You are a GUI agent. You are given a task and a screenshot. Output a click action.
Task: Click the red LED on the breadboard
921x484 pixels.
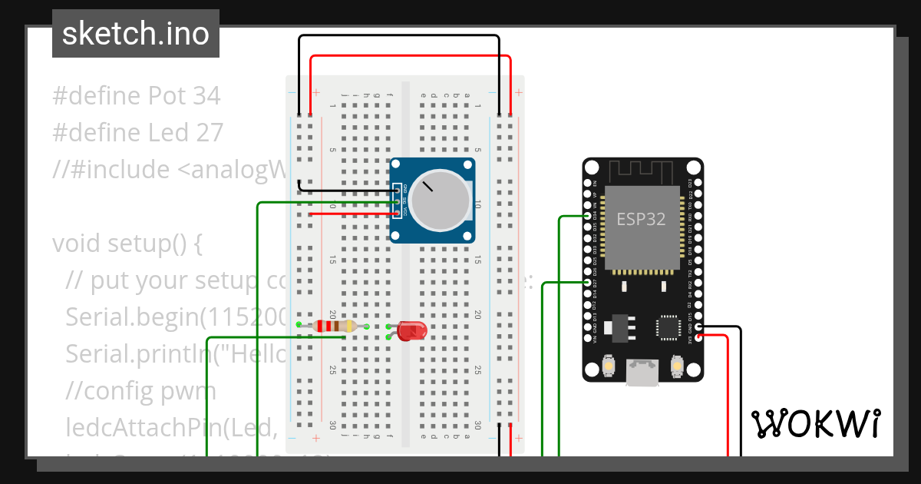412,331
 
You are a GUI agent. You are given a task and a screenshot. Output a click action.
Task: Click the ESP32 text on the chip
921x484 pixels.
641,219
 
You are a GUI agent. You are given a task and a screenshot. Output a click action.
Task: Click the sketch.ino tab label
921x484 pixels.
136,34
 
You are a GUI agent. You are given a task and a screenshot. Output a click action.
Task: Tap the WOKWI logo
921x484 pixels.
815,423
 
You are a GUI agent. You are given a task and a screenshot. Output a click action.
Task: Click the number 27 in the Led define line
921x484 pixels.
206,133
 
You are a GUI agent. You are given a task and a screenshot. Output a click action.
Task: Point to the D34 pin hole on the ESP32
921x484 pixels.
589,217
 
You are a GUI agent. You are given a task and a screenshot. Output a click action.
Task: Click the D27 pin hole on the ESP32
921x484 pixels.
589,283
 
